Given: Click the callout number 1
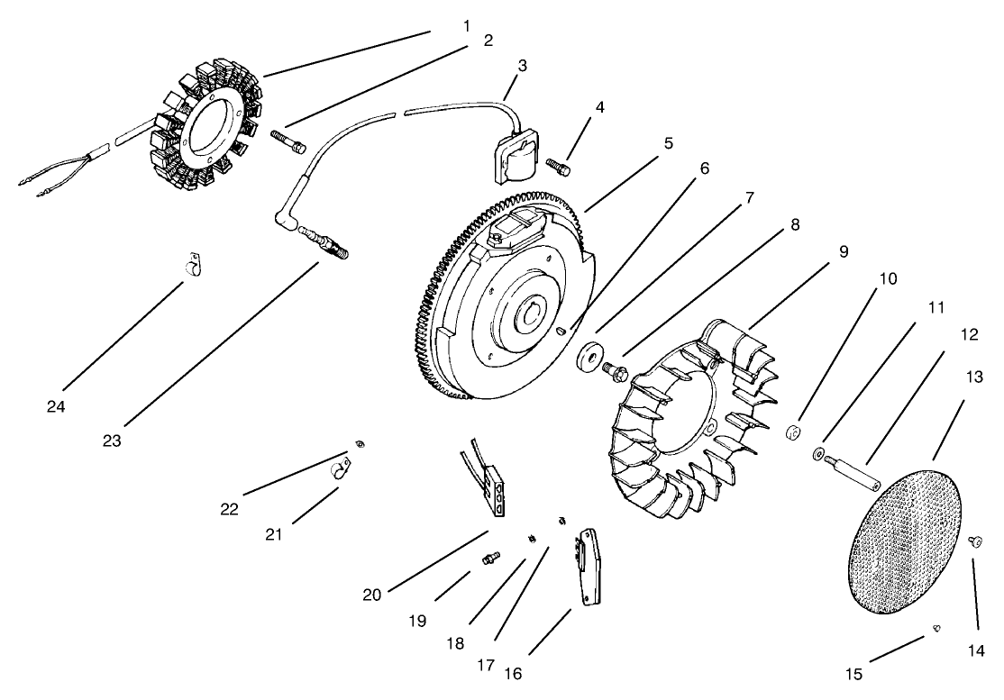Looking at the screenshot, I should tap(466, 26).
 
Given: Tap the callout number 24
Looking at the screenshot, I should tap(57, 406).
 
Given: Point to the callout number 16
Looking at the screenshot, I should tap(513, 673).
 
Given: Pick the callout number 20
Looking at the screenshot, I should tap(372, 594).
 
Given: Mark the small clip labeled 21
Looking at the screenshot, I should tap(341, 468).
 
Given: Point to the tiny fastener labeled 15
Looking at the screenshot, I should tap(937, 628).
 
